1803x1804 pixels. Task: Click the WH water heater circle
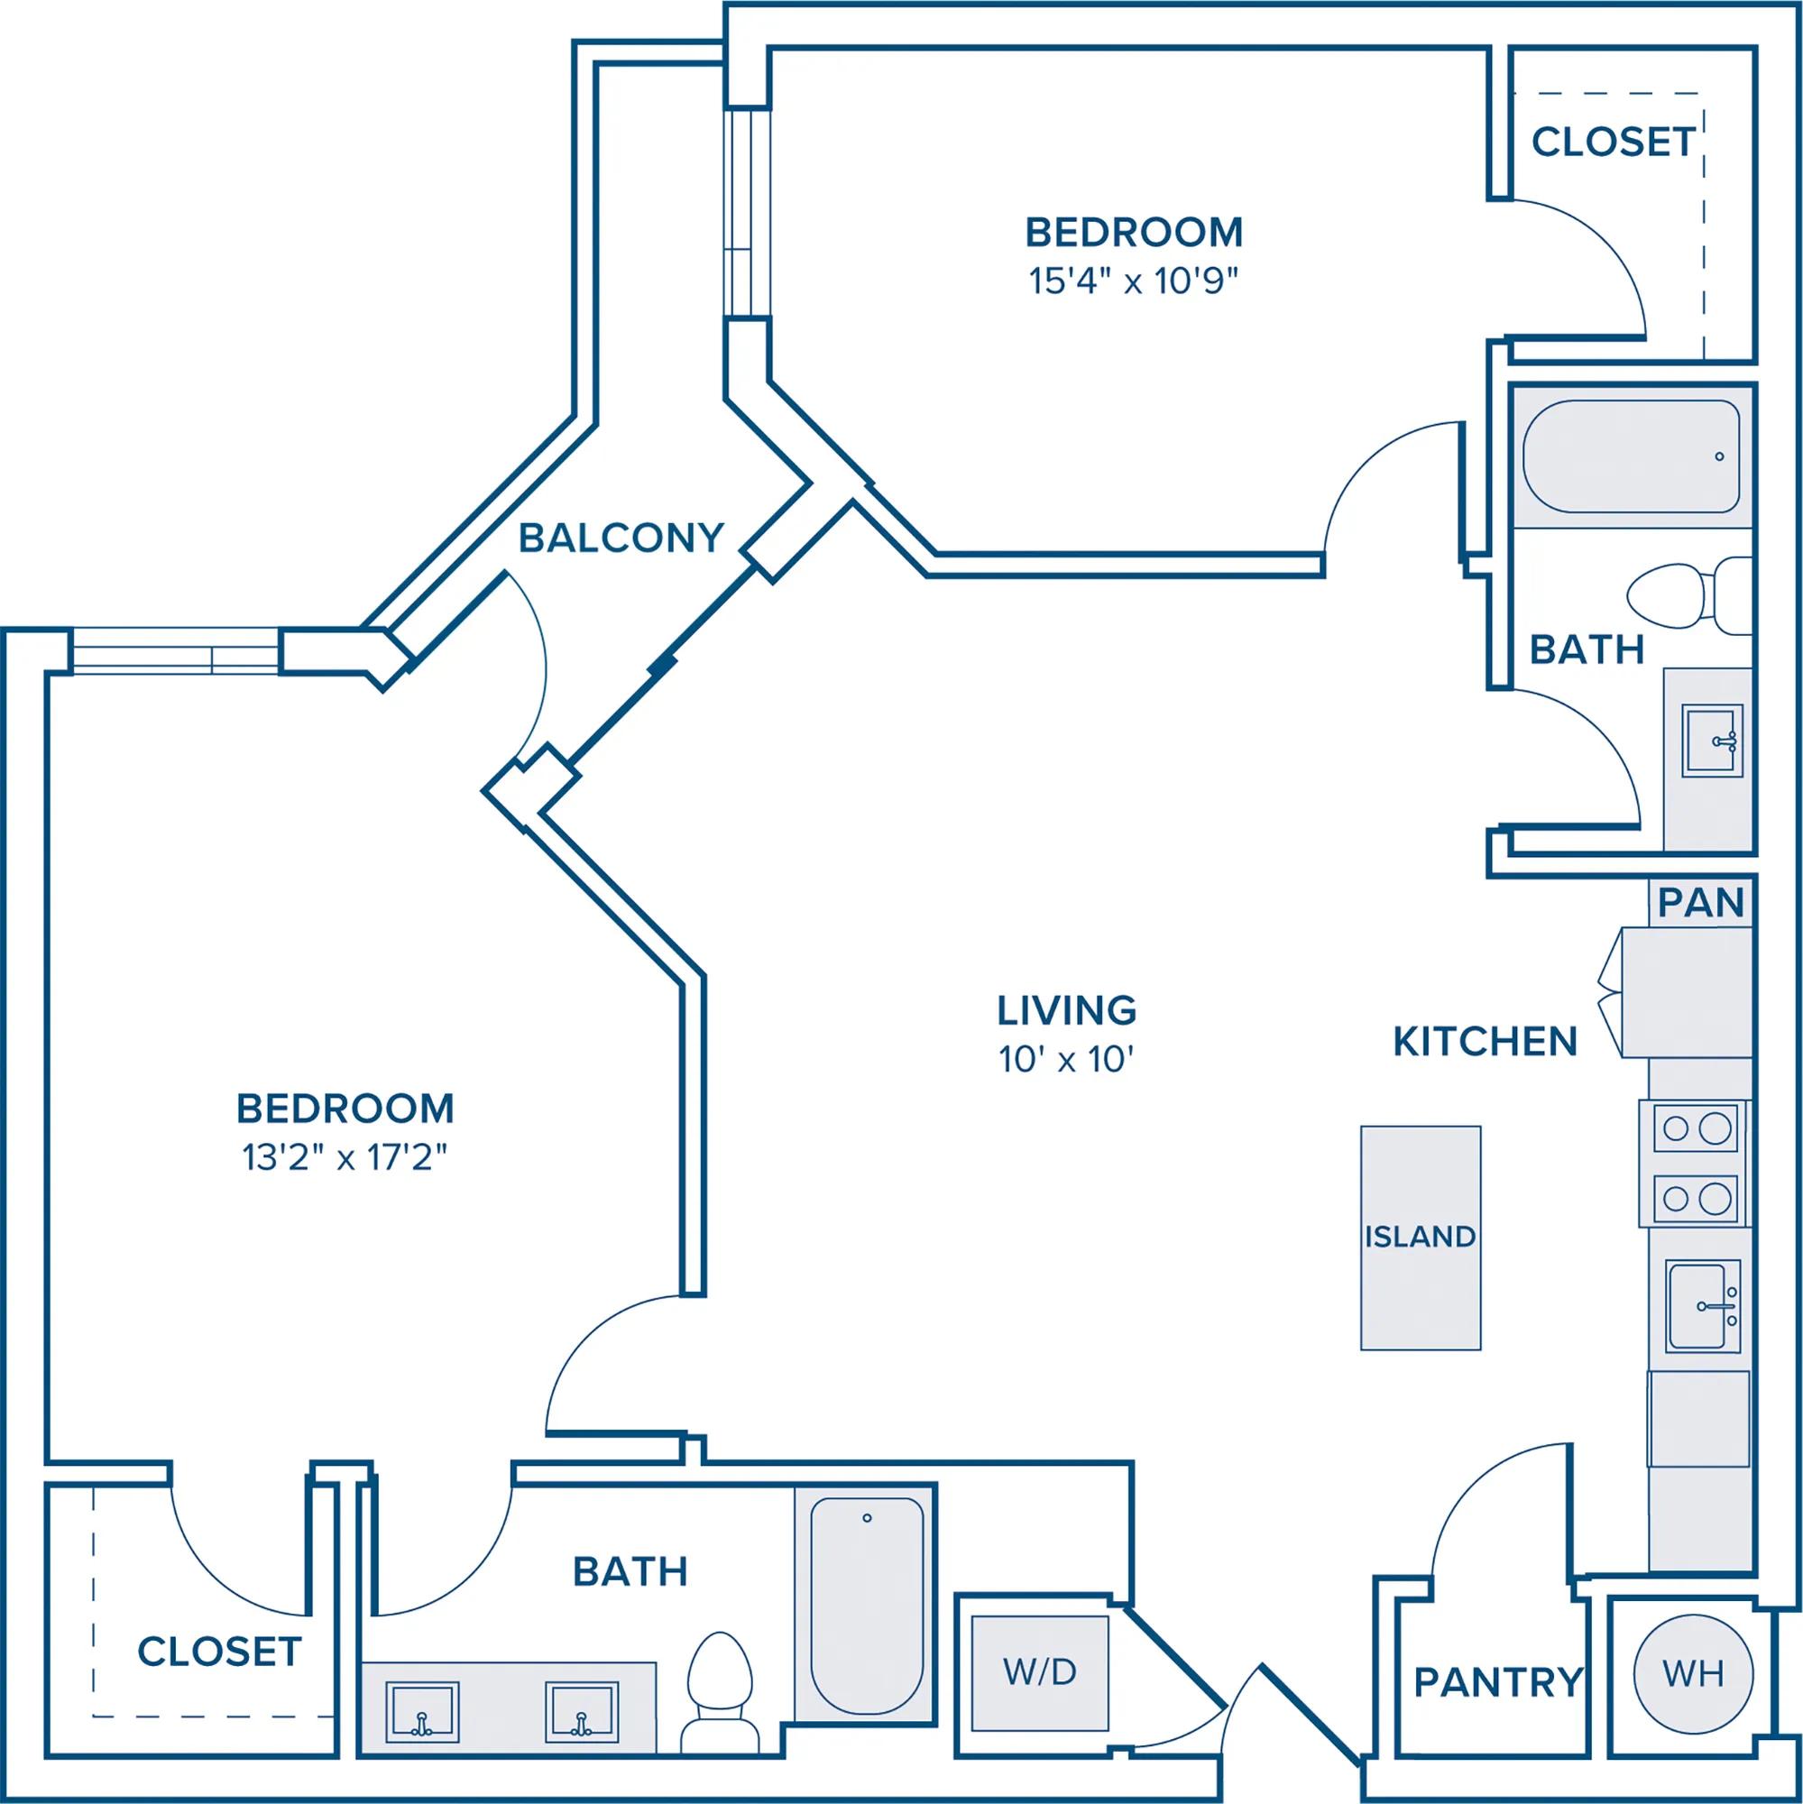point(1693,1674)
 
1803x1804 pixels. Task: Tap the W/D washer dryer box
point(1040,1672)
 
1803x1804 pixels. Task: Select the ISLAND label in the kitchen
point(1421,1237)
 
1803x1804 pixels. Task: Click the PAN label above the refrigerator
point(1701,903)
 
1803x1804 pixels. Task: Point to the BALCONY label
point(621,538)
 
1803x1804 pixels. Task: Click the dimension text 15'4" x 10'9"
point(1134,281)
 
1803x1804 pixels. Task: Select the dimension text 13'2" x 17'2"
point(345,1158)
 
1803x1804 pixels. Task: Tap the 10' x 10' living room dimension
point(1066,1060)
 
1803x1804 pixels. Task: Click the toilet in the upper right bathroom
point(1689,596)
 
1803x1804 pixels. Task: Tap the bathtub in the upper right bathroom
point(1632,456)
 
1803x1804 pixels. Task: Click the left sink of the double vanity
point(422,1713)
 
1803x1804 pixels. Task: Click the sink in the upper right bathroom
point(1713,741)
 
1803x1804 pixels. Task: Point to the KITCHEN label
point(1485,1041)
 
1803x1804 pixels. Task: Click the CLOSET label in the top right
point(1614,142)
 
